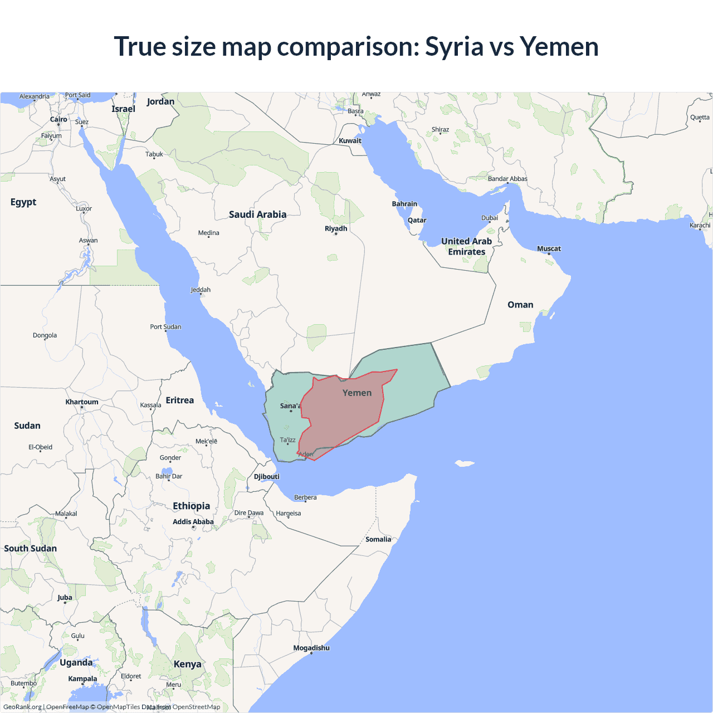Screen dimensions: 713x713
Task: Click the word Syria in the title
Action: (x=454, y=47)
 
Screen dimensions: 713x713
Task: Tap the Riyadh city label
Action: (x=336, y=228)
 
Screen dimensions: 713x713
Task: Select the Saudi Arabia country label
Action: (x=257, y=214)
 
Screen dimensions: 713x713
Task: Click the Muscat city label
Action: (x=549, y=248)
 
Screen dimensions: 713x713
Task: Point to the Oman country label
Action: (x=520, y=305)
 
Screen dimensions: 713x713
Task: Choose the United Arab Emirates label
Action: (x=467, y=246)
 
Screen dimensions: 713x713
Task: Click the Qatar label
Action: (x=417, y=220)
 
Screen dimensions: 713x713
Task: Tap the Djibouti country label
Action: (x=267, y=476)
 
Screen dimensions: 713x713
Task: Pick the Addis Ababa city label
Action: (x=193, y=521)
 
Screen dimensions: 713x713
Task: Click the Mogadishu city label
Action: (x=311, y=648)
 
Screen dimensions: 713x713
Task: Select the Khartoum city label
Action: (x=82, y=402)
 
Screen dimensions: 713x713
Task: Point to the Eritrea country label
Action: (x=180, y=400)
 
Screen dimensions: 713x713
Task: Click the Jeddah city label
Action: (x=201, y=290)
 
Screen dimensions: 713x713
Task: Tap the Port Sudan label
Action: (x=165, y=326)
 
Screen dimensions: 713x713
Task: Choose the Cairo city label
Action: (x=58, y=119)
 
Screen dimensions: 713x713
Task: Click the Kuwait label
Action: (x=350, y=140)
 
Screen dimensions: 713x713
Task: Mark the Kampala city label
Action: (x=82, y=678)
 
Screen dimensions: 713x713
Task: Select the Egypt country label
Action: (x=23, y=202)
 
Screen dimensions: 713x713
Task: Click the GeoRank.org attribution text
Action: (x=22, y=707)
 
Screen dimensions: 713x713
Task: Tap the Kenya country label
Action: (x=187, y=664)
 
